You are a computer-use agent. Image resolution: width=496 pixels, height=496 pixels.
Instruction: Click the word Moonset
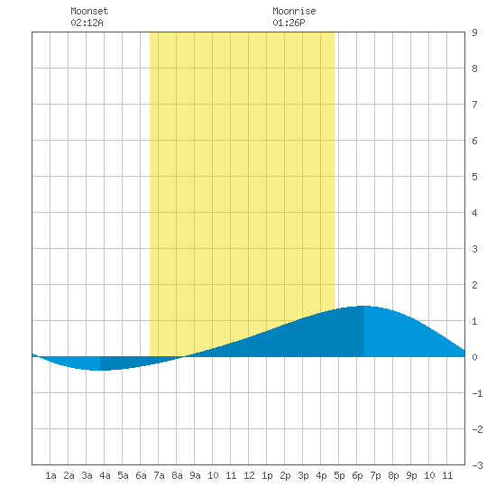(89, 11)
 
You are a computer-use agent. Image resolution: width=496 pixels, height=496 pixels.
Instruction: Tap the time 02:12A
(87, 23)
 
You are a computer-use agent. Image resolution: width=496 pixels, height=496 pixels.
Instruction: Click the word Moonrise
(294, 11)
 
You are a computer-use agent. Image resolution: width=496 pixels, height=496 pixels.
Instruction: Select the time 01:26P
(289, 23)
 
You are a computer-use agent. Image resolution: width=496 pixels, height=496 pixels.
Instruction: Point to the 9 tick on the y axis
(474, 32)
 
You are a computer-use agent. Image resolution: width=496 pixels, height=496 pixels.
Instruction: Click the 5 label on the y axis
(474, 177)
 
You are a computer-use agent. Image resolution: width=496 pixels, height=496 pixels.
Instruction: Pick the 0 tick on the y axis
(474, 357)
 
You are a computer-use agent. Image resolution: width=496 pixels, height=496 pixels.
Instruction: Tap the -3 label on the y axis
(477, 465)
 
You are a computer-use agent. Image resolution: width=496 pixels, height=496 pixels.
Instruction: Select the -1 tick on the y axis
(477, 393)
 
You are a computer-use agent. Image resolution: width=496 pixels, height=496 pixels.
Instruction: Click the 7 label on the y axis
(474, 105)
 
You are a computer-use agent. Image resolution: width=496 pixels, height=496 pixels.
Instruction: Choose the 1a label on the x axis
(51, 475)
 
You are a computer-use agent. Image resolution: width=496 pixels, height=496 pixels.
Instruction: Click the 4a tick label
(105, 475)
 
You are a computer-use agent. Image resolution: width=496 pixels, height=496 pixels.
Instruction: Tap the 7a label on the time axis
(159, 475)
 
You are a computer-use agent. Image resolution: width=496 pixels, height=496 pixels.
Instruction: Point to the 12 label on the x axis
(249, 475)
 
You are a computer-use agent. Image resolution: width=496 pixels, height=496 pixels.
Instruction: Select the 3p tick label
(303, 475)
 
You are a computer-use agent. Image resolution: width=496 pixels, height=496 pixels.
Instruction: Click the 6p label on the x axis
(357, 475)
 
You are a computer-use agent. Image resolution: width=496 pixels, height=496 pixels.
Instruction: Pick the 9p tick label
(411, 475)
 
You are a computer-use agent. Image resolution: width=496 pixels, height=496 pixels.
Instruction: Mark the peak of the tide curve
(364, 306)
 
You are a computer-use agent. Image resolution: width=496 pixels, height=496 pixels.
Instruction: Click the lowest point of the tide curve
(100, 370)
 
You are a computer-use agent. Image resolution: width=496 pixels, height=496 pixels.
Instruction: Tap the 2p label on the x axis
(285, 475)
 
